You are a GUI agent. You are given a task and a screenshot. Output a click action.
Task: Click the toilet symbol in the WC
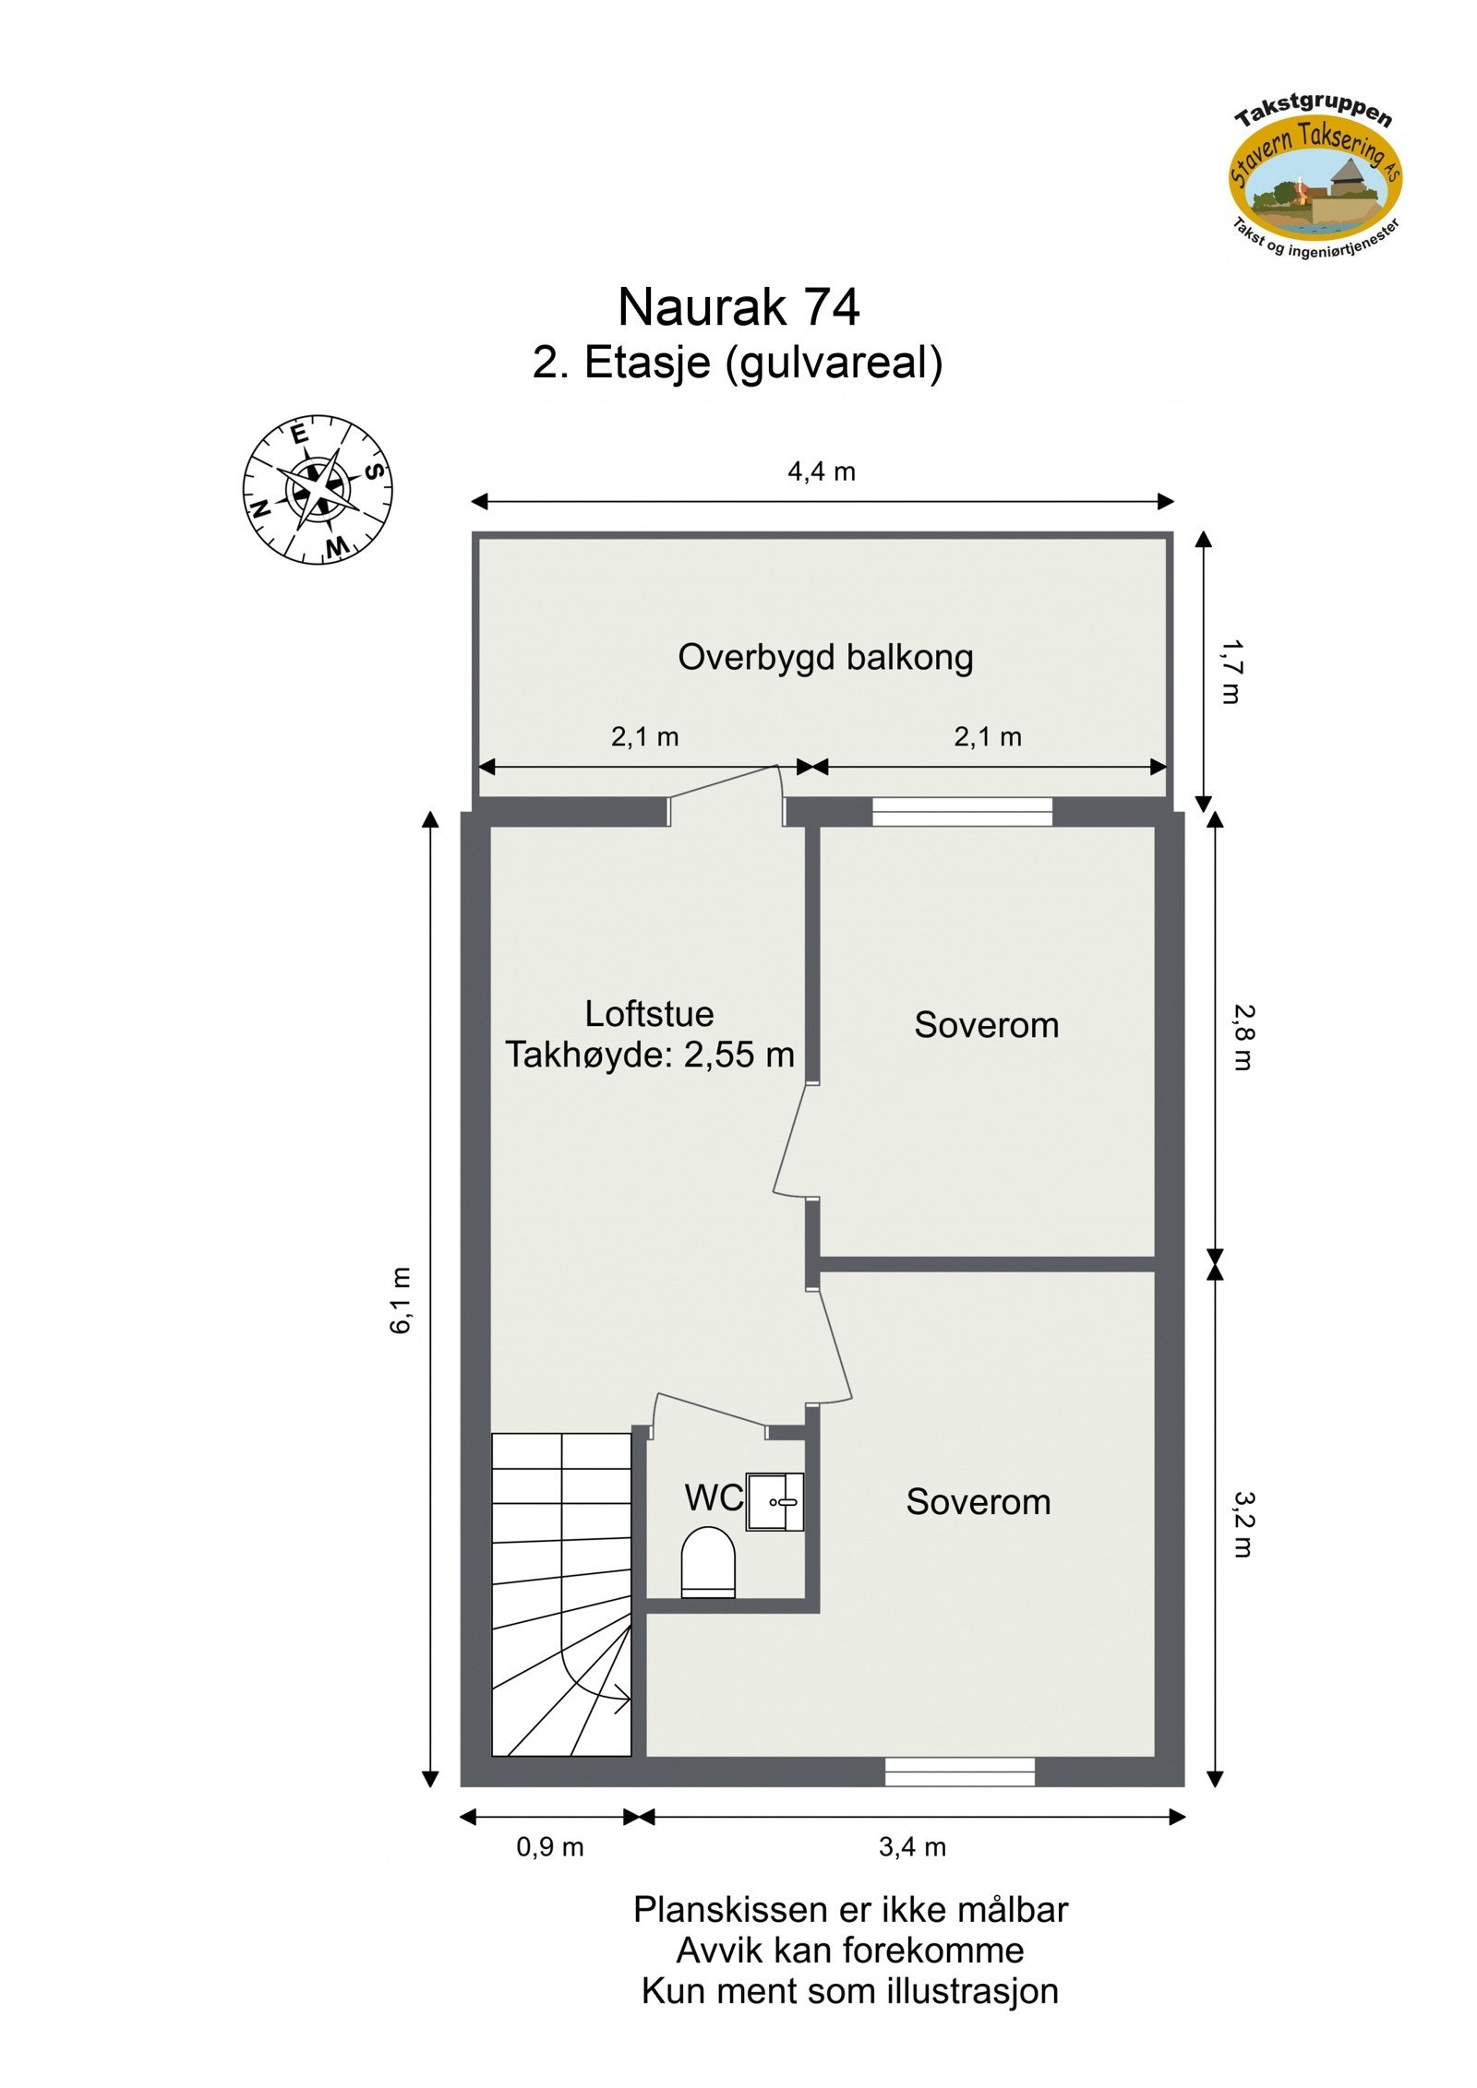pos(707,1561)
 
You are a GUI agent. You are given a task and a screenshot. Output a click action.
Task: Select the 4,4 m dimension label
pos(821,471)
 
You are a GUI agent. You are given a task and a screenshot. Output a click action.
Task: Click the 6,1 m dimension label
pos(400,1300)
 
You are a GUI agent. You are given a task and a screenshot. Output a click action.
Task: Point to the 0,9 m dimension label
pos(549,1846)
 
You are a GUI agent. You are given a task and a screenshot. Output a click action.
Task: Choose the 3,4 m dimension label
pos(911,1846)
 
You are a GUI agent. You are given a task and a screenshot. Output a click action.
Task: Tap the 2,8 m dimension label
pos(1242,1036)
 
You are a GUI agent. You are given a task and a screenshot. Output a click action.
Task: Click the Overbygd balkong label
pos(825,657)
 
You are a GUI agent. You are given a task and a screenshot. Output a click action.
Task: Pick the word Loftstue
pos(649,1014)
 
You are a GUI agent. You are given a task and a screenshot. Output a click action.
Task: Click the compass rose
pos(318,489)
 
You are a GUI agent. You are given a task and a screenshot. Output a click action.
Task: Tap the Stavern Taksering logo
pos(1314,182)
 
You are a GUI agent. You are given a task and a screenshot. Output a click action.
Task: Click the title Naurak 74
pos(738,306)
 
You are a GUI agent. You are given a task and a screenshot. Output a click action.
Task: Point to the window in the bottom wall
pos(959,1771)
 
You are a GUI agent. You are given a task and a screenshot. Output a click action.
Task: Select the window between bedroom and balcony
pos(961,811)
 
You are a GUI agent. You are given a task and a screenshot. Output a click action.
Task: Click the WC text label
pos(713,1497)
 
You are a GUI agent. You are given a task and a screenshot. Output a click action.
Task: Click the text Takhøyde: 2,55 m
pos(649,1054)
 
